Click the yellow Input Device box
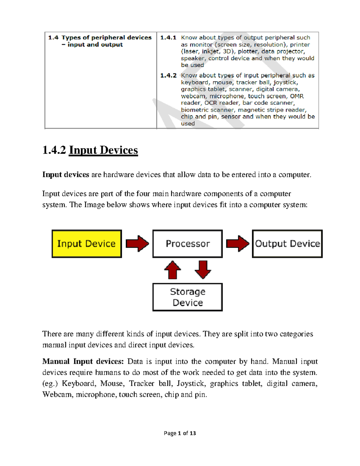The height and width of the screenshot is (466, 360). click(86, 244)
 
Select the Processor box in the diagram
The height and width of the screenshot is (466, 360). click(187, 244)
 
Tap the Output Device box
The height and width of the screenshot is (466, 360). click(287, 244)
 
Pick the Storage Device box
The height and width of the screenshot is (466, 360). click(187, 297)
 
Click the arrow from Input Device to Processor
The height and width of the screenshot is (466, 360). click(137, 243)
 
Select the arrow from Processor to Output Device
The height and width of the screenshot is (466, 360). click(237, 243)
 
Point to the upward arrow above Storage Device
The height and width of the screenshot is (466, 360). click(172, 270)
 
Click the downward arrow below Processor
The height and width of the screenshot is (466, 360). click(203, 270)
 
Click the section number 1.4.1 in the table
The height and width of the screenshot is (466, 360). click(168, 38)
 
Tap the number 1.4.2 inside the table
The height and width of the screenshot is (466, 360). click(168, 75)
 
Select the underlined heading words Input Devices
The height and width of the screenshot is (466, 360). click(103, 150)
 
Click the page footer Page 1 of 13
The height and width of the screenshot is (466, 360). click(180, 433)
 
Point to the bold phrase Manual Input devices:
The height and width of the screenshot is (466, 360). click(83, 361)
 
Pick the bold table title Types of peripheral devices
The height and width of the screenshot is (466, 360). click(106, 38)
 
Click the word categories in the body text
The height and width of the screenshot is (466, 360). click(296, 334)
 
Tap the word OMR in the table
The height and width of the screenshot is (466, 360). click(297, 96)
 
